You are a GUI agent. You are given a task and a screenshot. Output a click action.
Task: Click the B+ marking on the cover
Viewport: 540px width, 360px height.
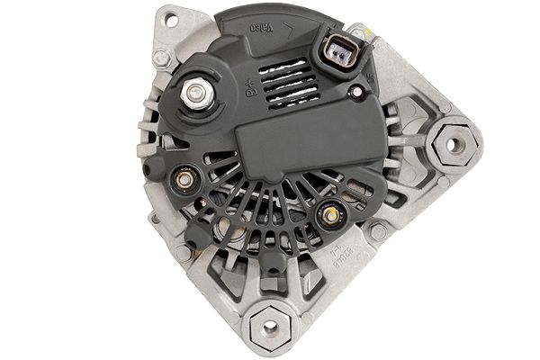point(251,87)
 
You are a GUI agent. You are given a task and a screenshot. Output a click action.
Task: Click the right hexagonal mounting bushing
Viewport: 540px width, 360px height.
point(454,144)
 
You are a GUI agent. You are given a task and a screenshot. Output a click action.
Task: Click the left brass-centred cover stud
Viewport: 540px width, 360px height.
point(184,179)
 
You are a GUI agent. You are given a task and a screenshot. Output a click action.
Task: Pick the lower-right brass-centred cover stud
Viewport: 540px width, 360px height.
point(330,213)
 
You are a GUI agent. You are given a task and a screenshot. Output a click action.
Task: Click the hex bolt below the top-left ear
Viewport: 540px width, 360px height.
point(162,58)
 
